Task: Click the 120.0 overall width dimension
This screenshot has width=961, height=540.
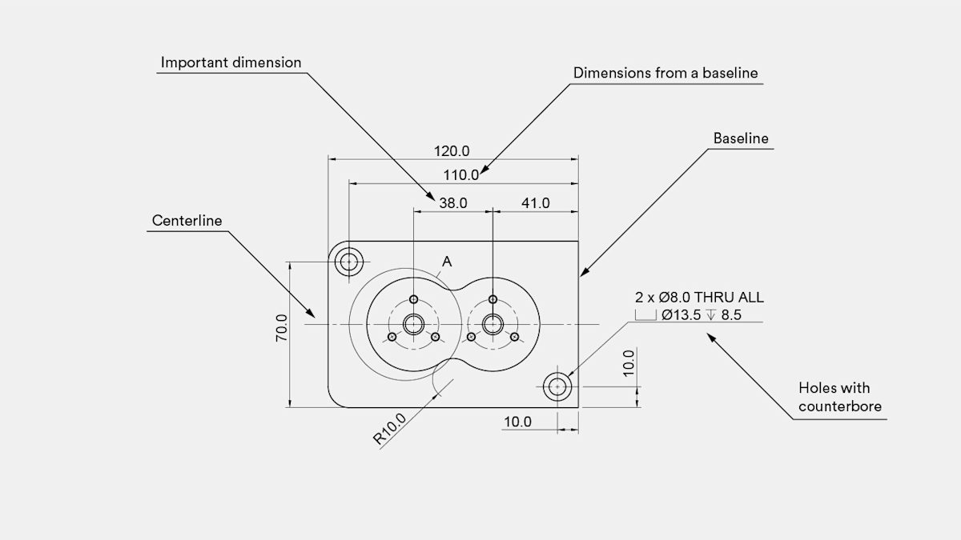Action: [x=452, y=150]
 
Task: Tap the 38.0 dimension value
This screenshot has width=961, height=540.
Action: [x=452, y=203]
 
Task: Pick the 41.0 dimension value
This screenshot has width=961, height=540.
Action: [x=535, y=203]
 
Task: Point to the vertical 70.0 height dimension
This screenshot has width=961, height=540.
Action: [x=281, y=328]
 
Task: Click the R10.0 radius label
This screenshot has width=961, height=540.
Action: [x=390, y=429]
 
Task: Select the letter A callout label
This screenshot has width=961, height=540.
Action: [x=447, y=262]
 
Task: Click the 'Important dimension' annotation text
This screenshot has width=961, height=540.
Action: [x=231, y=62]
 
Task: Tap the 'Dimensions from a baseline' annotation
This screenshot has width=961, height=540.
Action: [x=665, y=73]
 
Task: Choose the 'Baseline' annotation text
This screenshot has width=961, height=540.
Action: [x=741, y=138]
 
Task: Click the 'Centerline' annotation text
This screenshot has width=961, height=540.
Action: [x=186, y=221]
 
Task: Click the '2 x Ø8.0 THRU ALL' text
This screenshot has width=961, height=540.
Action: [x=699, y=298]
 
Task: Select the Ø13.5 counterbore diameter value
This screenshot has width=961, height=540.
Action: [x=682, y=315]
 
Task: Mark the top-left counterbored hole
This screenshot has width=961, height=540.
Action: [x=348, y=262]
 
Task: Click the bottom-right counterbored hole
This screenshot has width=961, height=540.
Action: [x=557, y=387]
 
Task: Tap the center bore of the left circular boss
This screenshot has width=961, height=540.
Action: [x=413, y=324]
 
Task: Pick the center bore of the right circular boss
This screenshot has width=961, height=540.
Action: [x=492, y=324]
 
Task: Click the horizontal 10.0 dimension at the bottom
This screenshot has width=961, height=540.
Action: [x=517, y=422]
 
